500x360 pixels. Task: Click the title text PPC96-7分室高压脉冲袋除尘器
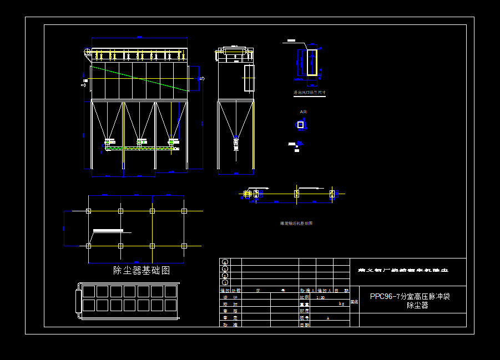tap(410, 301)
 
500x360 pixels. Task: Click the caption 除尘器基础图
tap(142, 271)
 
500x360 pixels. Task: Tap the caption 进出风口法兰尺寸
tap(310, 93)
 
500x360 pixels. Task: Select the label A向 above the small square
tap(303, 112)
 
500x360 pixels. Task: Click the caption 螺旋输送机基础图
tap(296, 224)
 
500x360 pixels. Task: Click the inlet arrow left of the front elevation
tap(84, 85)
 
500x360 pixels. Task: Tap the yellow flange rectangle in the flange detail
tap(312, 62)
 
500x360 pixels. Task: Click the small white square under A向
tap(301, 125)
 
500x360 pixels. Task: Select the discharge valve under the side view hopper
tap(236, 143)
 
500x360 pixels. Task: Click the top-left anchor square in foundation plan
tap(89, 211)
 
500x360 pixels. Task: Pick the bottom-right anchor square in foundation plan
tap(184, 245)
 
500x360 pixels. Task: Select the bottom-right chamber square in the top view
tap(170, 305)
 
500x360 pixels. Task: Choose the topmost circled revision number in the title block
tap(225, 262)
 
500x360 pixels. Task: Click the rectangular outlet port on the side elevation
tap(249, 78)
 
